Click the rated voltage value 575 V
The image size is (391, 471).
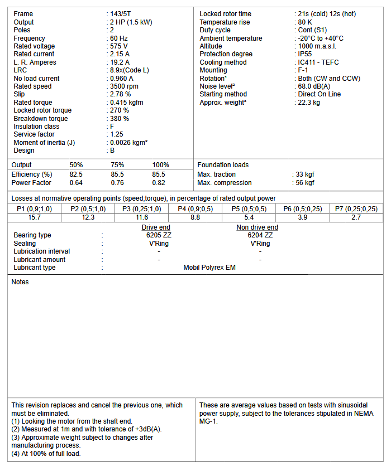tap(119, 46)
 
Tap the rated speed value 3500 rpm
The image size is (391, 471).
tap(124, 86)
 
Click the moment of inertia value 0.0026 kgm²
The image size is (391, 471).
tap(129, 143)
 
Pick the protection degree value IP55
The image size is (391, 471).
tap(305, 54)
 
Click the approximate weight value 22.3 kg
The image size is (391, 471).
tap(309, 103)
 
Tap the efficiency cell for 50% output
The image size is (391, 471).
tap(76, 174)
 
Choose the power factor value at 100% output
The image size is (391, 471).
tap(159, 183)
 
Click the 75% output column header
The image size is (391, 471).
tap(117, 165)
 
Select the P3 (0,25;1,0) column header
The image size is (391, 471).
tap(142, 209)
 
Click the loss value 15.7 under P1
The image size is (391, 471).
tap(35, 217)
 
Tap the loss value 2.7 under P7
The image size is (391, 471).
tap(356, 217)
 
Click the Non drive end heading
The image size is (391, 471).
tap(257, 227)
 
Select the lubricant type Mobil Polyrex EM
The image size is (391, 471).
tap(209, 268)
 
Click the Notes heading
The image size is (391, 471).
tap(20, 282)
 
